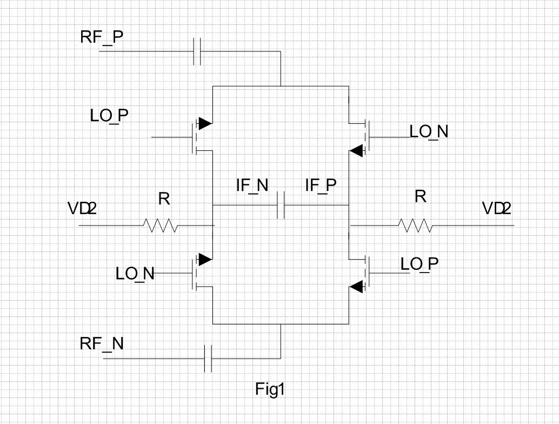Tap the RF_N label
coord(102,343)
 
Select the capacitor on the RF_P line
coord(198,52)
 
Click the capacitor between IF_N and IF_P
coord(281,206)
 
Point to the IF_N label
coord(252,186)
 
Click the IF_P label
coord(321,186)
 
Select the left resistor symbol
coord(161,225)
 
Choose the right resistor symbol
coord(415,224)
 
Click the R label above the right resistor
coord(420,197)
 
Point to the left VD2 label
coord(82,208)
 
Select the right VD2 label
coord(497,208)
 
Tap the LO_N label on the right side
coord(429,131)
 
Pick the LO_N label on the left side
coord(135,274)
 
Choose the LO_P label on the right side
coord(420,264)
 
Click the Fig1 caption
coord(270,389)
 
